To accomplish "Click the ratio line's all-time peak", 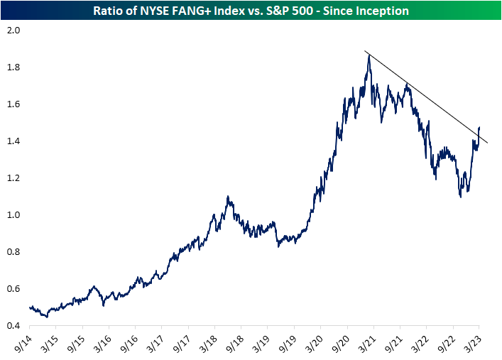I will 369,55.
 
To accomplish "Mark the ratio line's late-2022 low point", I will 461,197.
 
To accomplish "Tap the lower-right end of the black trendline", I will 487,143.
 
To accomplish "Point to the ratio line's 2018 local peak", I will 228,197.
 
